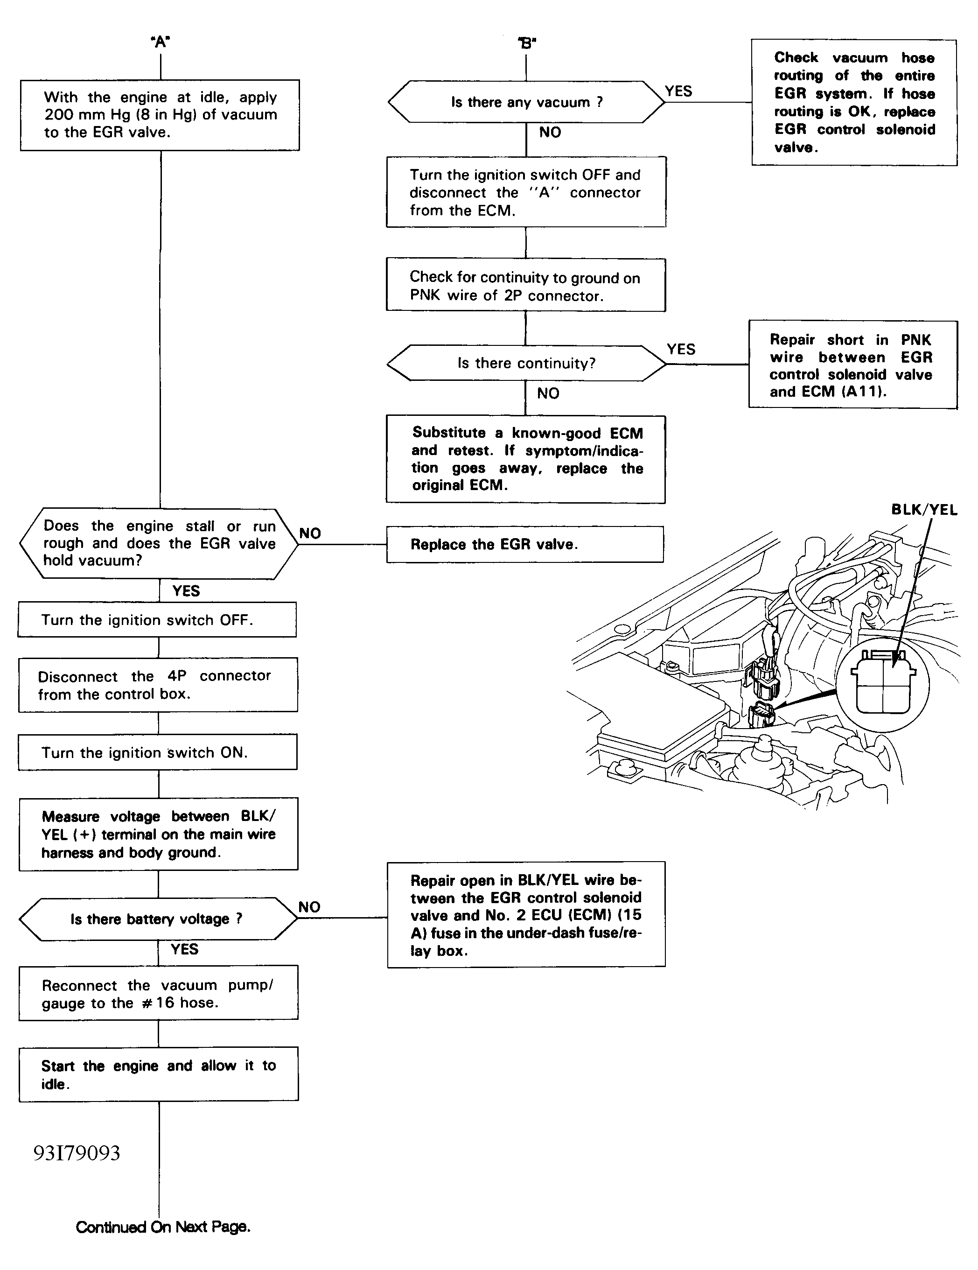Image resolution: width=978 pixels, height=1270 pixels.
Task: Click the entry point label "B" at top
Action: pyautogui.click(x=527, y=42)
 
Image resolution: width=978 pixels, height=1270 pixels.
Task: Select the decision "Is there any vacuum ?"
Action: pyautogui.click(x=526, y=102)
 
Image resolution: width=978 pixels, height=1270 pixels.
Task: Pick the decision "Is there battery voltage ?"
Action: pyautogui.click(x=158, y=919)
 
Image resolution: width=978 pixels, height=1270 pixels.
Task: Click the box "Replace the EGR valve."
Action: pyautogui.click(x=525, y=544)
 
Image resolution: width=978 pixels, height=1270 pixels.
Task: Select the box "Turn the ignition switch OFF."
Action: pyautogui.click(x=157, y=620)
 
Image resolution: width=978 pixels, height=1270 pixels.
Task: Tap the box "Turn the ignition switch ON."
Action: pyautogui.click(x=158, y=752)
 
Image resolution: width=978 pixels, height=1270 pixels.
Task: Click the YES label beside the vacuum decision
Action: pyautogui.click(x=678, y=91)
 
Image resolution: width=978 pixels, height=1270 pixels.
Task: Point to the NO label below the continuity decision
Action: pyautogui.click(x=548, y=393)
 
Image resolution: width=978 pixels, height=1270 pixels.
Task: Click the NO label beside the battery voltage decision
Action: pyautogui.click(x=309, y=907)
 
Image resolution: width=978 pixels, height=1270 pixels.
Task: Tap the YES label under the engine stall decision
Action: pyautogui.click(x=186, y=591)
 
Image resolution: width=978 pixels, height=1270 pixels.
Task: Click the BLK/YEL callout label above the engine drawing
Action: pyautogui.click(x=924, y=510)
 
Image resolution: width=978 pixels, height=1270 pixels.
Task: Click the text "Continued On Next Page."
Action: pyautogui.click(x=163, y=1227)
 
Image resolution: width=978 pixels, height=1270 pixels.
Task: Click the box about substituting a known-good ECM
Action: pyautogui.click(x=526, y=459)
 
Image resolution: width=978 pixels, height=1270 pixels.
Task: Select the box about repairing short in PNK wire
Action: pyautogui.click(x=853, y=365)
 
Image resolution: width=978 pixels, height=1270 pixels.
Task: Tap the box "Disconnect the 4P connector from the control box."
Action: pyautogui.click(x=158, y=685)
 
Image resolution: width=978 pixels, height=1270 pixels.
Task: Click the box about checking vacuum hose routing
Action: pyautogui.click(x=854, y=102)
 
